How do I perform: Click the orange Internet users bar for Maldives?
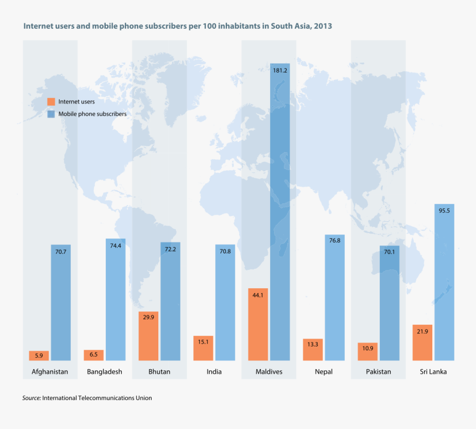pyautogui.click(x=258, y=324)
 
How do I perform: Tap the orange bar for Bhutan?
pyautogui.click(x=148, y=336)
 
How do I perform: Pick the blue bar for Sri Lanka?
pyautogui.click(x=444, y=283)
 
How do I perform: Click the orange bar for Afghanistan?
pyautogui.click(x=39, y=355)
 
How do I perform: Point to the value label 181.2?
pyautogui.click(x=280, y=70)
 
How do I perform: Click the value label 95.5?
pyautogui.click(x=444, y=211)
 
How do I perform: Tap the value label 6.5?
pyautogui.click(x=94, y=354)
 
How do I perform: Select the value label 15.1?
pyautogui.click(x=203, y=342)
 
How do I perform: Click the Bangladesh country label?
pyautogui.click(x=104, y=371)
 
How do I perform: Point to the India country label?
pyautogui.click(x=214, y=371)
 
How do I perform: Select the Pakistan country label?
pyautogui.click(x=379, y=371)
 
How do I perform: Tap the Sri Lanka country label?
pyautogui.click(x=433, y=371)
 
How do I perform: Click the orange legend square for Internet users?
pyautogui.click(x=51, y=101)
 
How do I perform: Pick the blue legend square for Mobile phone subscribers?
pyautogui.click(x=51, y=114)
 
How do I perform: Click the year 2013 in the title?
pyautogui.click(x=323, y=26)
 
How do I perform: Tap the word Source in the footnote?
pyautogui.click(x=30, y=398)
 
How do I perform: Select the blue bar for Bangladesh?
pyautogui.click(x=115, y=299)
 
